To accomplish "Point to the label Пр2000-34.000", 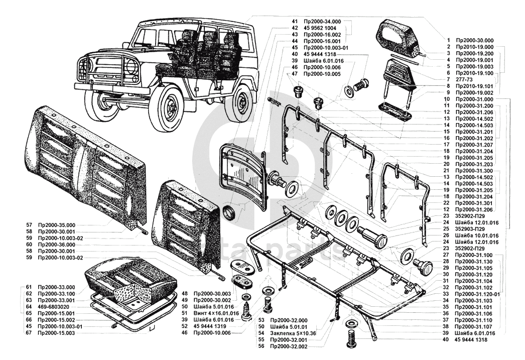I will point(322,22).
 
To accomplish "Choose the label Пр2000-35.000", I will point(56,224).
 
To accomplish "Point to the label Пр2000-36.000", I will point(56,244).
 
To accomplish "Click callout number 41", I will point(295,22).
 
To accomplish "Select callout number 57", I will point(29,224).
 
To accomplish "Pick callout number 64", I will point(29,306).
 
